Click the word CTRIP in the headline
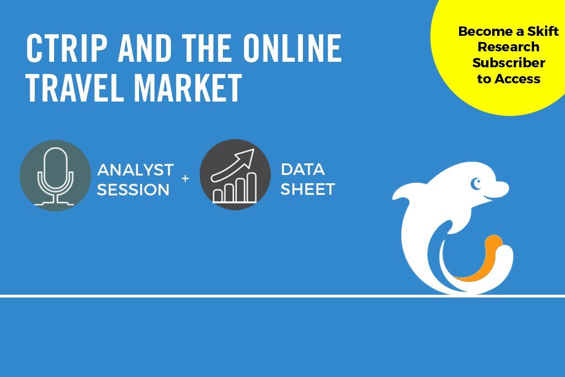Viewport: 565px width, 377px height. [67, 48]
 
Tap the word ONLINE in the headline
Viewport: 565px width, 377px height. [292, 48]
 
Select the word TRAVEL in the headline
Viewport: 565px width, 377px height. [75, 88]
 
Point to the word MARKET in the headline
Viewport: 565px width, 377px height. [188, 88]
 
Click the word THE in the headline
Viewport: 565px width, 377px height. [207, 48]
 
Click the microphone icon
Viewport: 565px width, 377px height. [56, 176]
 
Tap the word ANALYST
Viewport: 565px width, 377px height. [136, 170]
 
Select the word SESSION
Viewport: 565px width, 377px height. [134, 189]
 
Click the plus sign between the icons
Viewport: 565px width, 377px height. [185, 178]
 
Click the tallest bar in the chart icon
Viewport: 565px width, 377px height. [252, 187]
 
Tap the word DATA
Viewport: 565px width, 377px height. [303, 169]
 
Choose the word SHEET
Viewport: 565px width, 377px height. [308, 189]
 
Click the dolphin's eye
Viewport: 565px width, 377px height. [476, 184]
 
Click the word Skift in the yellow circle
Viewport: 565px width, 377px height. [543, 31]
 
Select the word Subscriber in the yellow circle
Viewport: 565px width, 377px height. [509, 63]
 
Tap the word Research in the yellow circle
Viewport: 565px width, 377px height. [508, 47]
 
